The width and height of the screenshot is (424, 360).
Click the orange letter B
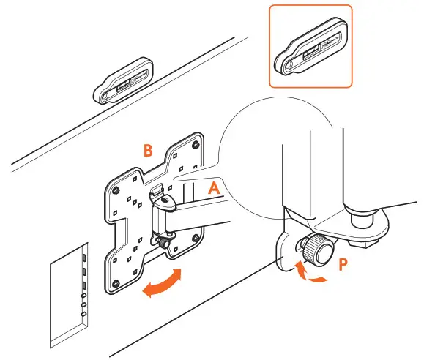pyautogui.click(x=147, y=151)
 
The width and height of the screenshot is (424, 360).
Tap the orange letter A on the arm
pyautogui.click(x=215, y=187)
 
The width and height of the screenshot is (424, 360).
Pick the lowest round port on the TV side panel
pyautogui.click(x=83, y=314)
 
